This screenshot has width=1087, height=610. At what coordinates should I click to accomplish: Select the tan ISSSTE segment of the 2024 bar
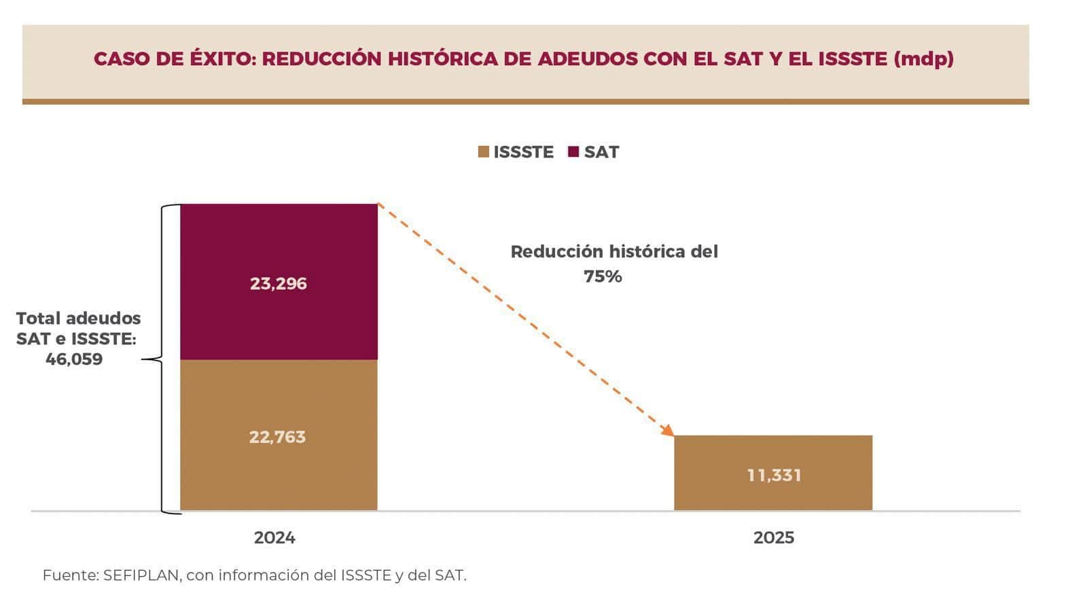(x=279, y=401)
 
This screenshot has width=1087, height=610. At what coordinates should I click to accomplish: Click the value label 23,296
(x=279, y=283)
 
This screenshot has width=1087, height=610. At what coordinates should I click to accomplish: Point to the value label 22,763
(x=277, y=437)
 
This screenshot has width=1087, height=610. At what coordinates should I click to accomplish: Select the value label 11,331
(x=774, y=475)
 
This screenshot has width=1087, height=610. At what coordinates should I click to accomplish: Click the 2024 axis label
(x=274, y=537)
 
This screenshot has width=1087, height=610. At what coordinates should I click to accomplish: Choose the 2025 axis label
(x=773, y=537)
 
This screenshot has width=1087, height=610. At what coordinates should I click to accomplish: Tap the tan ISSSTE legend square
(x=483, y=151)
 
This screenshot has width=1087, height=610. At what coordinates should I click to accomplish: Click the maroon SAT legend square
(x=573, y=151)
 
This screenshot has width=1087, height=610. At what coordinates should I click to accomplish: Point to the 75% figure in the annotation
(x=603, y=276)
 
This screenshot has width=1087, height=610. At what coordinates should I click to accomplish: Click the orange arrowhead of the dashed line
(x=669, y=430)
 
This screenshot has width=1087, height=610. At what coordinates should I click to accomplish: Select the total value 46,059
(x=74, y=359)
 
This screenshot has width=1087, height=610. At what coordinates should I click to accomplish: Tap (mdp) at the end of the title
(x=924, y=59)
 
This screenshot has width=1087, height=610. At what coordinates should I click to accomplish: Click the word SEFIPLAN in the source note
(x=141, y=575)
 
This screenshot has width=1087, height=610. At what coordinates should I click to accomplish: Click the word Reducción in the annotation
(x=556, y=252)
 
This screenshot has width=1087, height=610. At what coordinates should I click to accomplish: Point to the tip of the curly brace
(x=144, y=359)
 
